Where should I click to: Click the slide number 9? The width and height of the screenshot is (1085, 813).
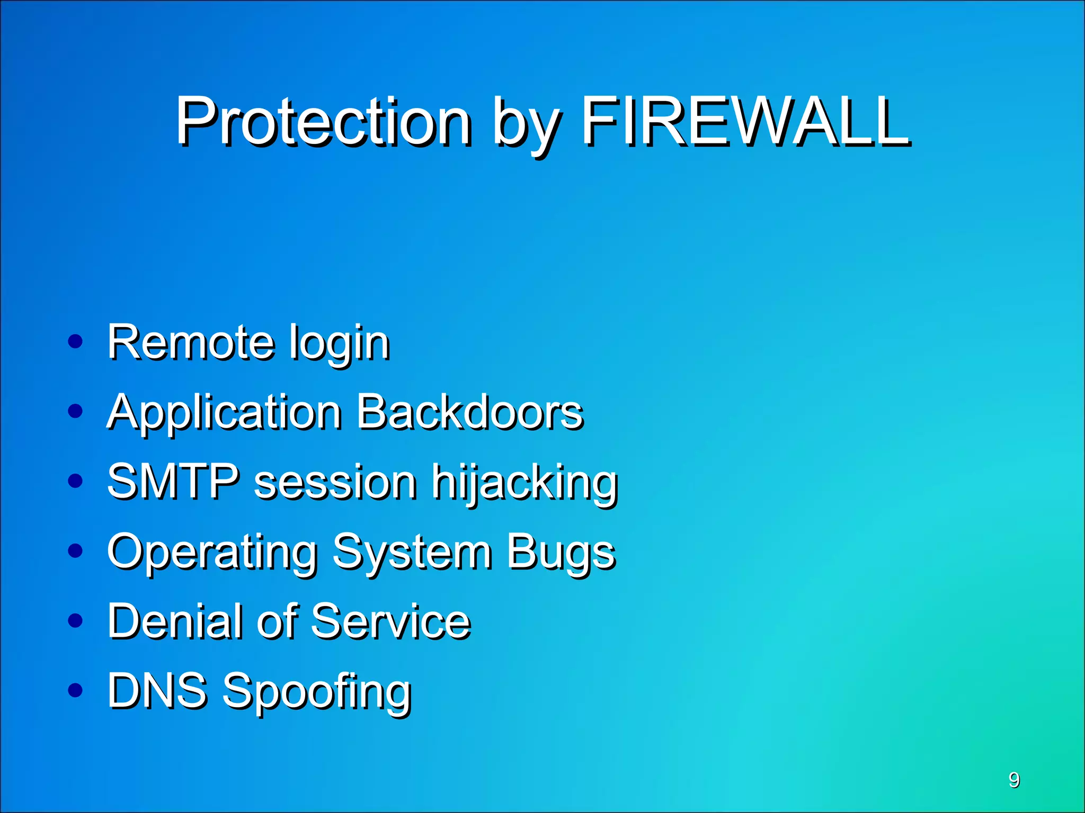(1014, 780)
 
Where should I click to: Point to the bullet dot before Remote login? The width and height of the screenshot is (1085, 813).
(76, 341)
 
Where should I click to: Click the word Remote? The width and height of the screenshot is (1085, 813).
(191, 342)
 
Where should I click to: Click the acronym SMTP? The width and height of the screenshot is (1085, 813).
(173, 482)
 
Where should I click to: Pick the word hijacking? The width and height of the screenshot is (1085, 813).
(524, 484)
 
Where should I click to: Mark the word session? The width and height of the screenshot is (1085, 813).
(335, 483)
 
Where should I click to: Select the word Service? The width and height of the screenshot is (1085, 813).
(391, 621)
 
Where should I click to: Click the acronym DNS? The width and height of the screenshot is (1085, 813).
(157, 690)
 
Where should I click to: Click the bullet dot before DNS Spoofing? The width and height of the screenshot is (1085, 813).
(76, 690)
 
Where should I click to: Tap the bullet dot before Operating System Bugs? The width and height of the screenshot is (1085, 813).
(76, 551)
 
